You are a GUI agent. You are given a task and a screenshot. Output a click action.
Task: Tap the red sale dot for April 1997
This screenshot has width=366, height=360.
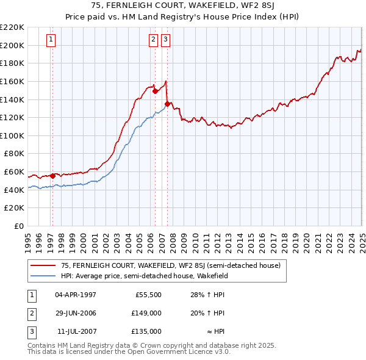(52, 176)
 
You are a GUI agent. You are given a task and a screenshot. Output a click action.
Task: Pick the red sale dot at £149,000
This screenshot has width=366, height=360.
(155, 92)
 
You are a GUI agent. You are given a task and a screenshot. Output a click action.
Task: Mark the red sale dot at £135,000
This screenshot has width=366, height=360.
(167, 104)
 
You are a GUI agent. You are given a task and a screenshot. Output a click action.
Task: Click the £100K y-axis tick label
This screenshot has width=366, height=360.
(12, 135)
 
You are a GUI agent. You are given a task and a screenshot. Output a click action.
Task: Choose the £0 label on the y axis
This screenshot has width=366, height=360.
(19, 226)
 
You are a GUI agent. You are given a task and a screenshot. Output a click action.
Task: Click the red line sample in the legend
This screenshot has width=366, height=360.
(43, 266)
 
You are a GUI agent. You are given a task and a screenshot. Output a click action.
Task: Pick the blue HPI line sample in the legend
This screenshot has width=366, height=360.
(43, 276)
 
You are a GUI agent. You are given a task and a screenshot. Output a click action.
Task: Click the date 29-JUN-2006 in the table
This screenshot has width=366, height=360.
(76, 313)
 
